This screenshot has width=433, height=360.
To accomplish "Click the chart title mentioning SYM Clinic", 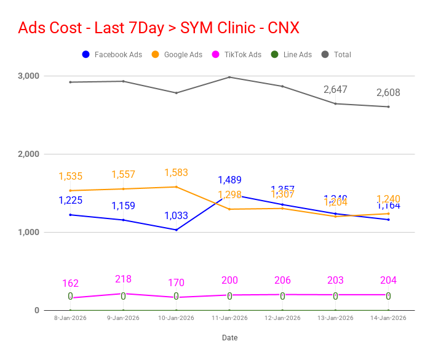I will click(159, 28).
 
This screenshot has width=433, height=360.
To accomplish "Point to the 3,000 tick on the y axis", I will click(28, 76).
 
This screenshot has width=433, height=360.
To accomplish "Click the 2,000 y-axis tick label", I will click(28, 154).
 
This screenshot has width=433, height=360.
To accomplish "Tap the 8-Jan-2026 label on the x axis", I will click(71, 318).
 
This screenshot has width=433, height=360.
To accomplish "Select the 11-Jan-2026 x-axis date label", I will click(229, 318).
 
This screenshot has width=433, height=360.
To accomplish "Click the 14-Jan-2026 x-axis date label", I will click(388, 318).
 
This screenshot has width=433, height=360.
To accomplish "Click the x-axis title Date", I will click(229, 338).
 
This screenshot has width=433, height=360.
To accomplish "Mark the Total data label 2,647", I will click(335, 90).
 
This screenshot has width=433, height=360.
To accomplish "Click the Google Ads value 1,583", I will click(177, 173).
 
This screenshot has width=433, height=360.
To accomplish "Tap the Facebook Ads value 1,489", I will click(229, 180).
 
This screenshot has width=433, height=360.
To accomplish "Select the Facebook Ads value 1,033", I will click(177, 216).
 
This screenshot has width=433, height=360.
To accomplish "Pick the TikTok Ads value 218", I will click(124, 279).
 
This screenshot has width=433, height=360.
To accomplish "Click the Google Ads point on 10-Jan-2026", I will click(177, 187).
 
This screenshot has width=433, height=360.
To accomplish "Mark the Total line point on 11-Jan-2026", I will click(229, 77).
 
